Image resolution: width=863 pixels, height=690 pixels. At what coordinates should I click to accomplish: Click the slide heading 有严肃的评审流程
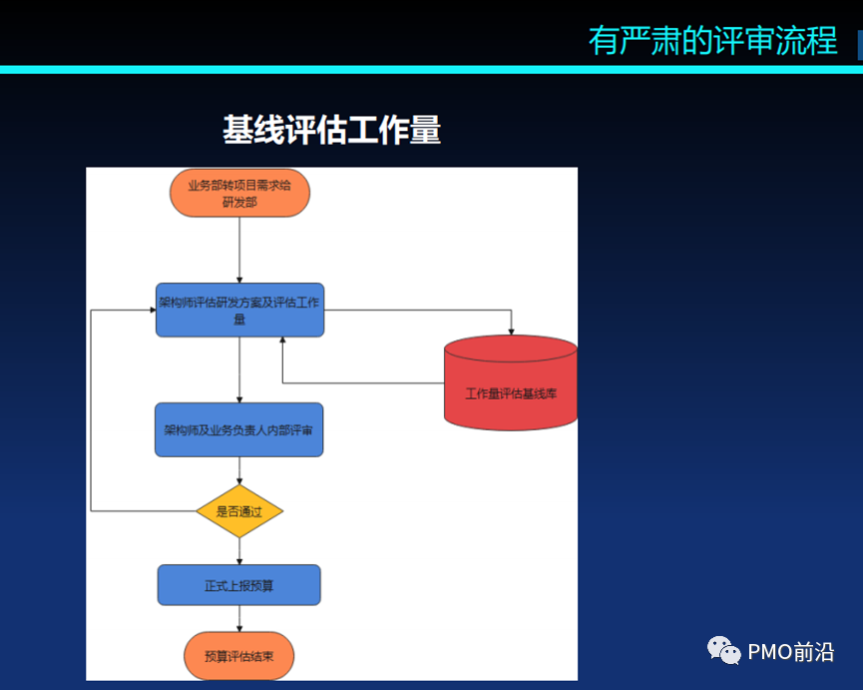[712, 40]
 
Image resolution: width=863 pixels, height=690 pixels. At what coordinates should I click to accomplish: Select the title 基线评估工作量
[331, 130]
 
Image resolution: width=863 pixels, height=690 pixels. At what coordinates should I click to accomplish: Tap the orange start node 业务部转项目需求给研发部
[239, 193]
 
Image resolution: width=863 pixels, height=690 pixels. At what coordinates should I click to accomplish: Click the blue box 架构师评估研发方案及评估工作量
[239, 310]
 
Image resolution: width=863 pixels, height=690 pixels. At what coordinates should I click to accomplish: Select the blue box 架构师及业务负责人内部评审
[239, 429]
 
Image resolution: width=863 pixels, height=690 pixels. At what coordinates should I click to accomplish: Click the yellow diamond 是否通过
[239, 512]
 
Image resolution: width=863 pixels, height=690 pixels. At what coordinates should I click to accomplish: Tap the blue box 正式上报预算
[239, 585]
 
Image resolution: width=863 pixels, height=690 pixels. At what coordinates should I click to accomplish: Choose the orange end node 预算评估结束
[239, 656]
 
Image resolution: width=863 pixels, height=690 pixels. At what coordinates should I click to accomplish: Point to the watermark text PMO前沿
[791, 652]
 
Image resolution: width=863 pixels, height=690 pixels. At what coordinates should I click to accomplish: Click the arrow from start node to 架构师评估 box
[239, 250]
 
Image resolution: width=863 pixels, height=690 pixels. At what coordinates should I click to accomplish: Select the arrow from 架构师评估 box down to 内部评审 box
[239, 369]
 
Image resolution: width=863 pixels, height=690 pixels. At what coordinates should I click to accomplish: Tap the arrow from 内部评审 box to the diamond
[239, 470]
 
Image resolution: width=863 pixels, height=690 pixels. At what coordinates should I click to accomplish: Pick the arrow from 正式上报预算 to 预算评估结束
[239, 618]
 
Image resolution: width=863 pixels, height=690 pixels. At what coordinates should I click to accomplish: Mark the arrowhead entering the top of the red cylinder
[511, 331]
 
